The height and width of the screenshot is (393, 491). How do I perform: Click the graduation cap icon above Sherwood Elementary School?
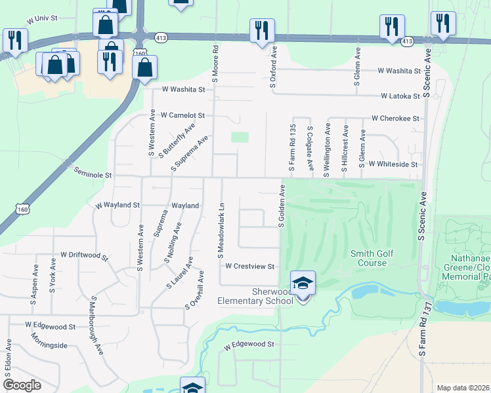tap(303, 283)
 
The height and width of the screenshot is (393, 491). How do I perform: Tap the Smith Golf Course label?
tap(368, 258)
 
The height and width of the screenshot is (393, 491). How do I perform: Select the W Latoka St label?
tap(400, 96)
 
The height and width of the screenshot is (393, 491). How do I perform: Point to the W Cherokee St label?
tap(395, 119)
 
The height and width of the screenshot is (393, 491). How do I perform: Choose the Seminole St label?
tap(93, 176)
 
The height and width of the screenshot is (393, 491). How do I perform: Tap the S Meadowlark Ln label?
tap(221, 229)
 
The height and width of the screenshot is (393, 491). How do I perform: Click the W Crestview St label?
tap(249, 267)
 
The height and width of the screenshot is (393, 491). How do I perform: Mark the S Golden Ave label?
tap(281, 206)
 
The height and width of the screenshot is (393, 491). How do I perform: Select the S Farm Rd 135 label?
tap(292, 147)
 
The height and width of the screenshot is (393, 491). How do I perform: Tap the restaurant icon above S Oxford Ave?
tap(261, 30)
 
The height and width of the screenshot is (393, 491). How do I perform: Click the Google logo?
tap(22, 385)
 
